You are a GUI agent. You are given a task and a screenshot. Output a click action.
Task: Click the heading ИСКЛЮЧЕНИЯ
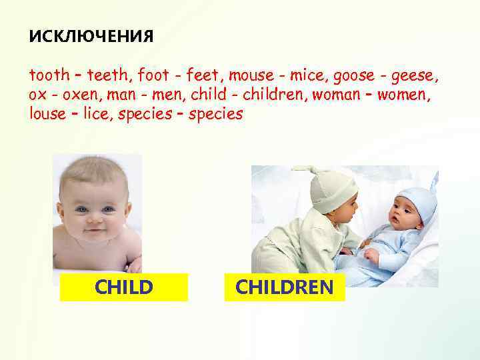pos(91,37)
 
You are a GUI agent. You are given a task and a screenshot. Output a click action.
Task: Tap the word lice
pos(97,114)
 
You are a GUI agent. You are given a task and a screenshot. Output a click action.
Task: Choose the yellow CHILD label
pos(124,287)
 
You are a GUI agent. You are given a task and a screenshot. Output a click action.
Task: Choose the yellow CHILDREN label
pos(285,287)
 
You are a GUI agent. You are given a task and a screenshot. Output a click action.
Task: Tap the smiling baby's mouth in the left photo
pos(94,233)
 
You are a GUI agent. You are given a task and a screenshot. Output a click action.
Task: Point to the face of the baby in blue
pos(403,217)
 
